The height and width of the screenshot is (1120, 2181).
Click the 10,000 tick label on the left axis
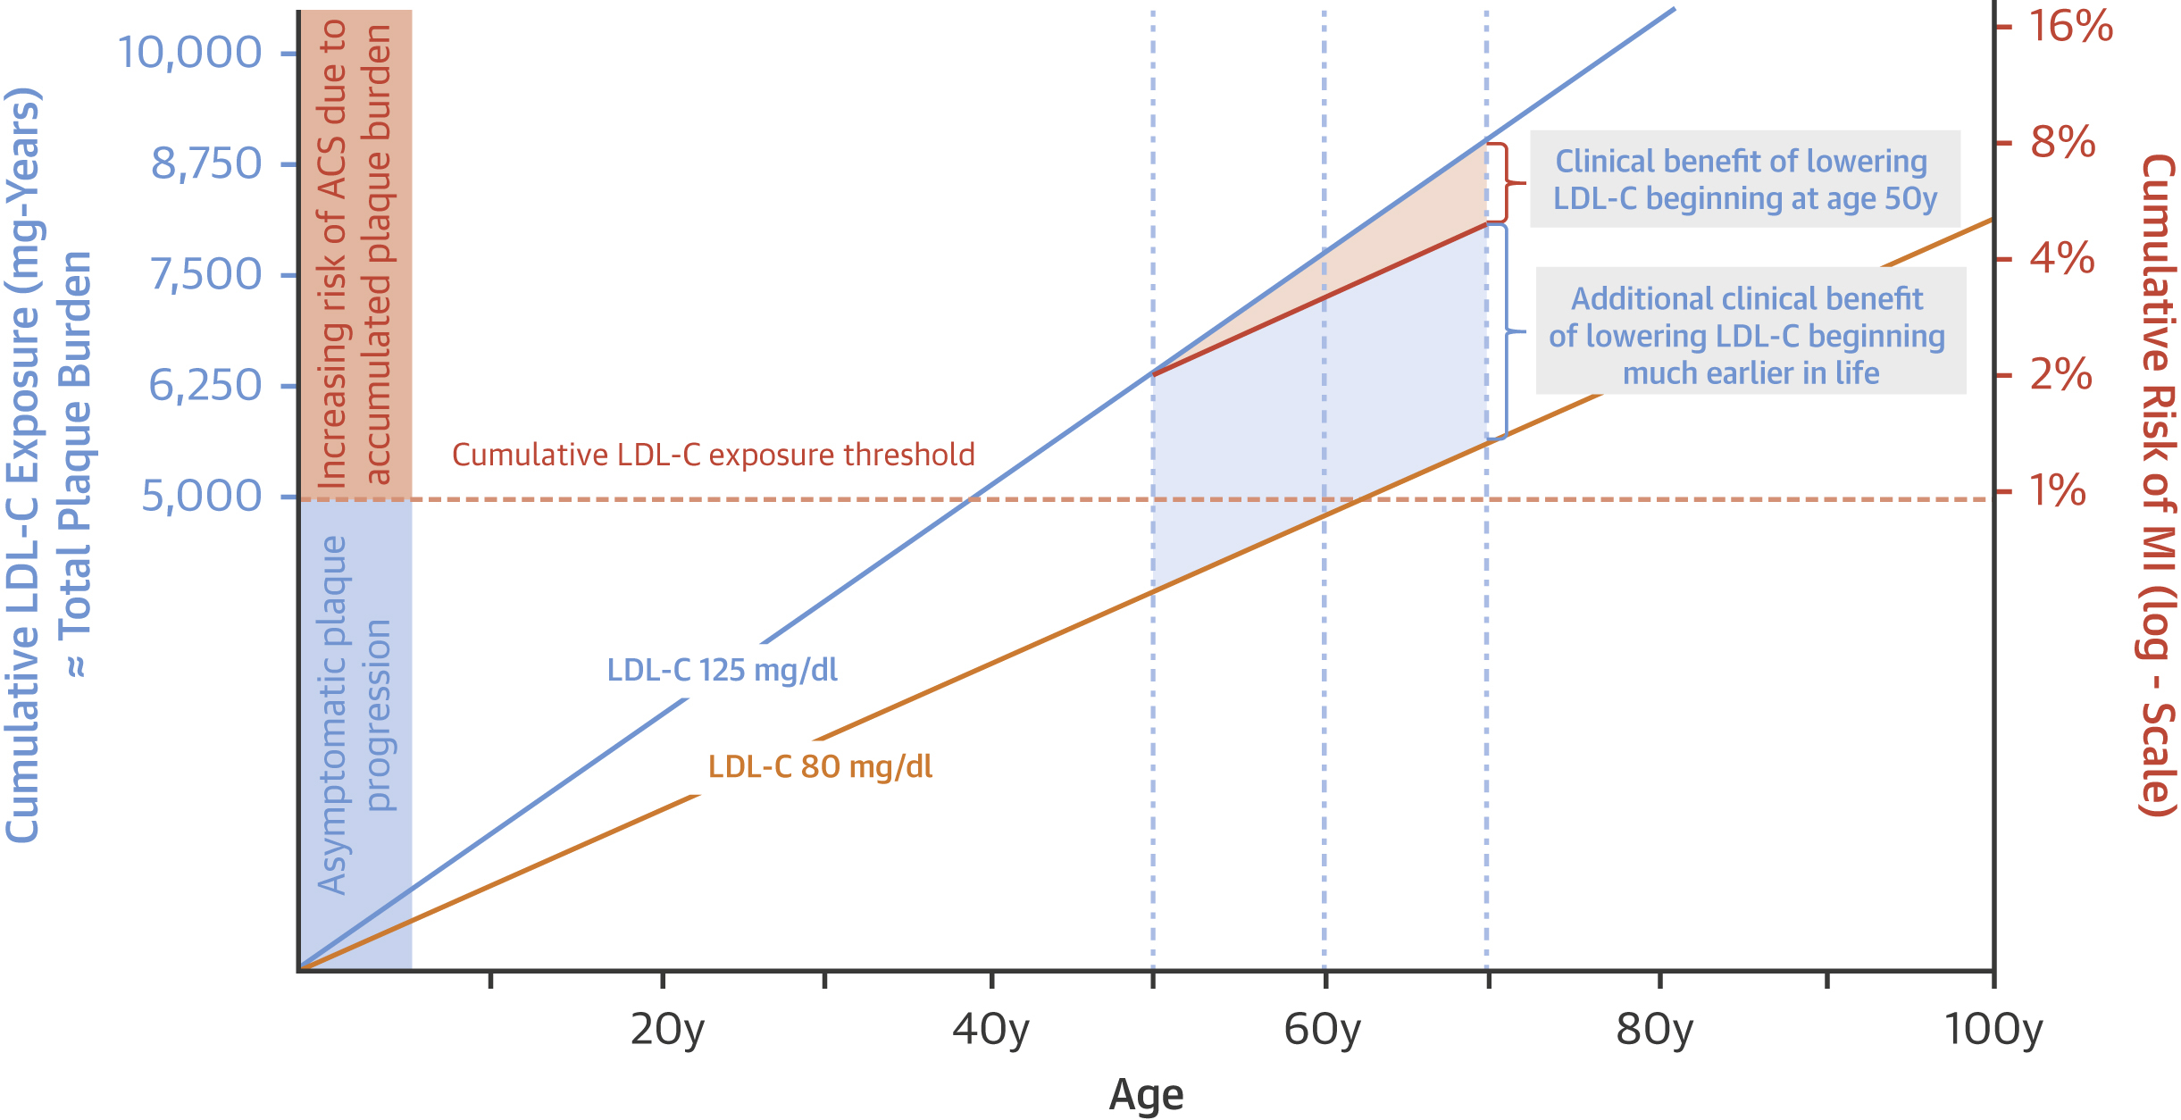189,53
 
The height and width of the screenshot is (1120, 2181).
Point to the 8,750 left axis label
206,163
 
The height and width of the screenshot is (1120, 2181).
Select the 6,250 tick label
205,386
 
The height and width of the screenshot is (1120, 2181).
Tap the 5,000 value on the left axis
202,496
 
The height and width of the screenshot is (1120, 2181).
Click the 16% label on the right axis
2070,26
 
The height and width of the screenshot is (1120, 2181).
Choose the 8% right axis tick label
2062,142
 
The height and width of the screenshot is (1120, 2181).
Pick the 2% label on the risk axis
2060,374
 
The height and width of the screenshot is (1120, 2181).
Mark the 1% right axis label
2058,490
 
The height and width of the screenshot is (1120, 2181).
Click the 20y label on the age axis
666,1030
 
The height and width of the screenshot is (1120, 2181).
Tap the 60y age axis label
1322,1030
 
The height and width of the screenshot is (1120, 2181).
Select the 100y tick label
1993,1030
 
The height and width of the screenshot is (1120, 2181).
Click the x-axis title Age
1146,1095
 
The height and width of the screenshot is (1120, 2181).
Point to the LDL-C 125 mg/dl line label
722,670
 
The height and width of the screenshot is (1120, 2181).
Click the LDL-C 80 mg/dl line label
820,766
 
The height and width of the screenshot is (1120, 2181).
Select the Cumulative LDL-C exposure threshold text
713,455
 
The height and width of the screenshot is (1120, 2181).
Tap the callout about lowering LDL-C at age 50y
1745,180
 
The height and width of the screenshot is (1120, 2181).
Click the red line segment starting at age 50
1322,297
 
